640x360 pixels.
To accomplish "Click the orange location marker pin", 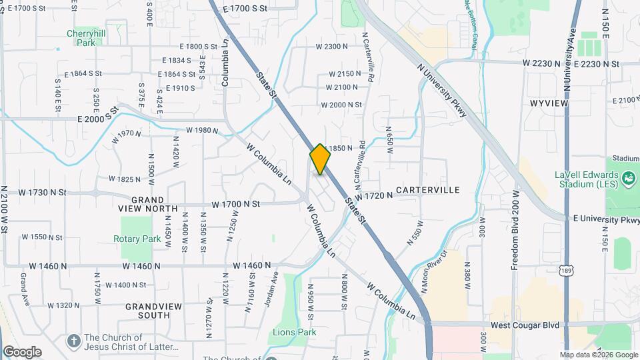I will pyautogui.click(x=320, y=159).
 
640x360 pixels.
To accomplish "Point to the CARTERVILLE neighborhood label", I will pyautogui.click(x=428, y=190).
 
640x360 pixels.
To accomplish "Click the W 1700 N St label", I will pyautogui.click(x=235, y=204).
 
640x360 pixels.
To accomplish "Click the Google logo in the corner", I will pyautogui.click(x=22, y=351).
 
